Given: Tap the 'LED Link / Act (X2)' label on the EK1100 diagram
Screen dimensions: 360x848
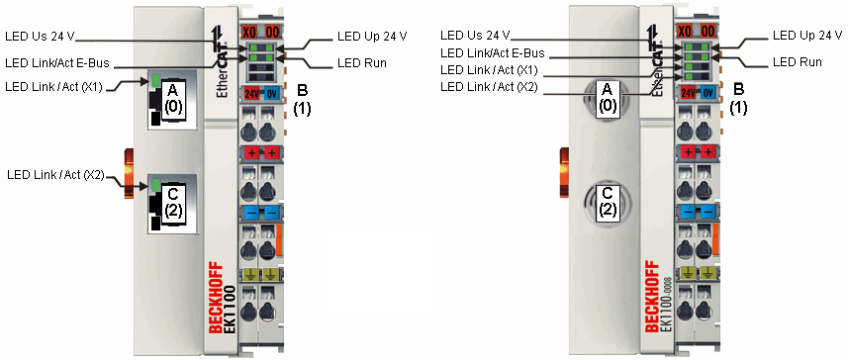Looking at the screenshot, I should click(x=55, y=175).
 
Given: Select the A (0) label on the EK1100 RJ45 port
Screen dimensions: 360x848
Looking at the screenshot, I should click(x=171, y=99).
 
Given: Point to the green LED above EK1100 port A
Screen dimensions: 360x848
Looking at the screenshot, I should click(x=154, y=79).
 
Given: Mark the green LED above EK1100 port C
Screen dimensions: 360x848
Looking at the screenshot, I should click(x=154, y=184).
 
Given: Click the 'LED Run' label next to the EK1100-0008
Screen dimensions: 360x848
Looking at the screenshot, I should click(x=797, y=62).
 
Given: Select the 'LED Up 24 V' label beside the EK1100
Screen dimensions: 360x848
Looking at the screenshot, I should click(x=372, y=36).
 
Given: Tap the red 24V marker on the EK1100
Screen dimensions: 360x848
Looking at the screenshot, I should click(x=248, y=94).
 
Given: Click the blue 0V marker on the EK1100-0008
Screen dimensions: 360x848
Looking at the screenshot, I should click(x=707, y=92).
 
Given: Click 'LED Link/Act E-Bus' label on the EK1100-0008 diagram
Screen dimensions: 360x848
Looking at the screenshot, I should click(x=492, y=53).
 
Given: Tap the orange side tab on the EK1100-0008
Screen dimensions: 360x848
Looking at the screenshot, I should click(x=565, y=167).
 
